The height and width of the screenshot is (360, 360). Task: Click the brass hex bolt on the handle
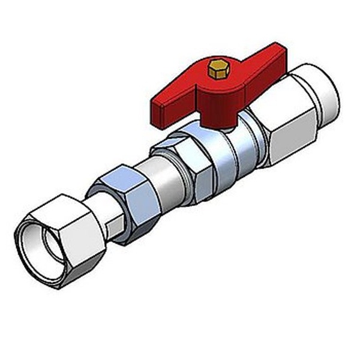click(x=217, y=69)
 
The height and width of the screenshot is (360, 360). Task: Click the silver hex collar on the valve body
click(x=180, y=162)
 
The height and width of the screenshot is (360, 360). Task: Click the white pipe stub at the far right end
click(x=327, y=96)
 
